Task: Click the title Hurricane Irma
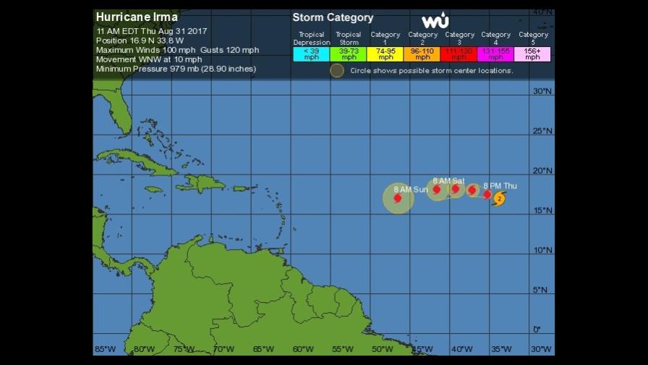(137, 17)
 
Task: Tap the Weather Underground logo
(435, 21)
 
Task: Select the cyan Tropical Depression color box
(311, 54)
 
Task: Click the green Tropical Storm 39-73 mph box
(349, 54)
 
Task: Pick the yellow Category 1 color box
(385, 54)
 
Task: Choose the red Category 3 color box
(459, 54)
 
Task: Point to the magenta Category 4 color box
(496, 54)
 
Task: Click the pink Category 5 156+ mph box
(533, 54)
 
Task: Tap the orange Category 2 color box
(422, 54)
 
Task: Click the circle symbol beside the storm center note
(337, 70)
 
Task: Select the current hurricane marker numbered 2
(499, 198)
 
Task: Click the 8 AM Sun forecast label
(411, 189)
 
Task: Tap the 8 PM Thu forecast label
(500, 186)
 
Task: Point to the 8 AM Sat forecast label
(448, 180)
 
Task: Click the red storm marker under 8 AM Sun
(398, 198)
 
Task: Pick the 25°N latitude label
(542, 131)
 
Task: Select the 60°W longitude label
(302, 349)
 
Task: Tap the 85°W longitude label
(104, 349)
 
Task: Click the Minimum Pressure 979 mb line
(176, 69)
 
